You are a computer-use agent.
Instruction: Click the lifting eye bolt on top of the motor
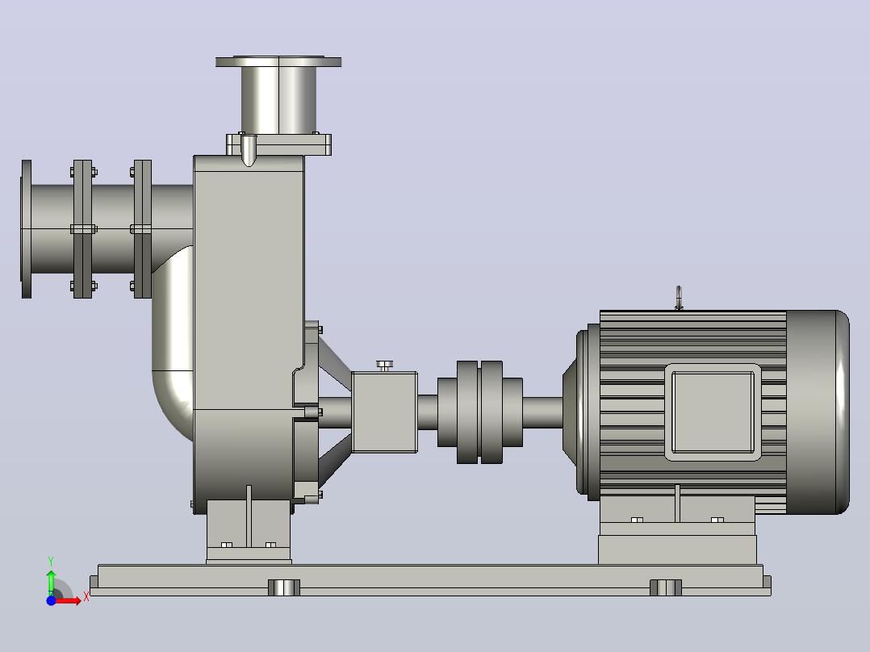678,298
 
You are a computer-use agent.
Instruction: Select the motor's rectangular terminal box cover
713,412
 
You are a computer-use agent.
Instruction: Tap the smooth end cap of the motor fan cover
818,412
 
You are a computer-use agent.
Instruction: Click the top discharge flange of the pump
278,61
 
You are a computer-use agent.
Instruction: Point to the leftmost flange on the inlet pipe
26,228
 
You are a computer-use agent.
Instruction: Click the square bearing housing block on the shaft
384,412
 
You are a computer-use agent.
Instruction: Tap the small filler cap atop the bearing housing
384,366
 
